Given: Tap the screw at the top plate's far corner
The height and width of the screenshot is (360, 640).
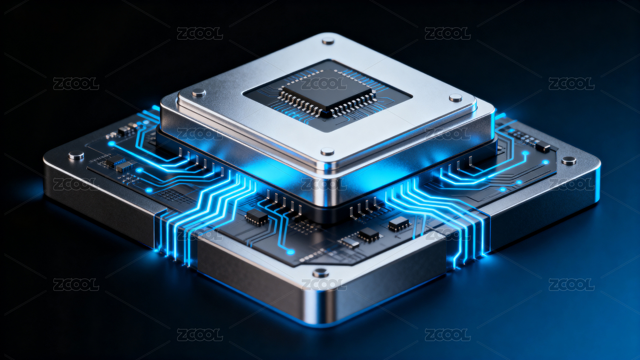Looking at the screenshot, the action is coord(328,41).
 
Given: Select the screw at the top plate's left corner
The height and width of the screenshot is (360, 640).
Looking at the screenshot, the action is coord(198,92).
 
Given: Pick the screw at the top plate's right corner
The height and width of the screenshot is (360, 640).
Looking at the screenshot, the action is coord(455,98).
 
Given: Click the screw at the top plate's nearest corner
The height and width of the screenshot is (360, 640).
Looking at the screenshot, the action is coord(327,151).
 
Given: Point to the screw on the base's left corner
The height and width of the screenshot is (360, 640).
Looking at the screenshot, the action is coord(76,155).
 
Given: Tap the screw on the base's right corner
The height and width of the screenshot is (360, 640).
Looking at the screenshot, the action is coord(569,160).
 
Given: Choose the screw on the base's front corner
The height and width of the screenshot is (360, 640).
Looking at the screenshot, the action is coord(320,273).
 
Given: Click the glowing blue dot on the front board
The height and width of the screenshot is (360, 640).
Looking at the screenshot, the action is coord(290,252).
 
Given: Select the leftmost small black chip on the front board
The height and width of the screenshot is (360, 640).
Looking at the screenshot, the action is coord(257,217).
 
